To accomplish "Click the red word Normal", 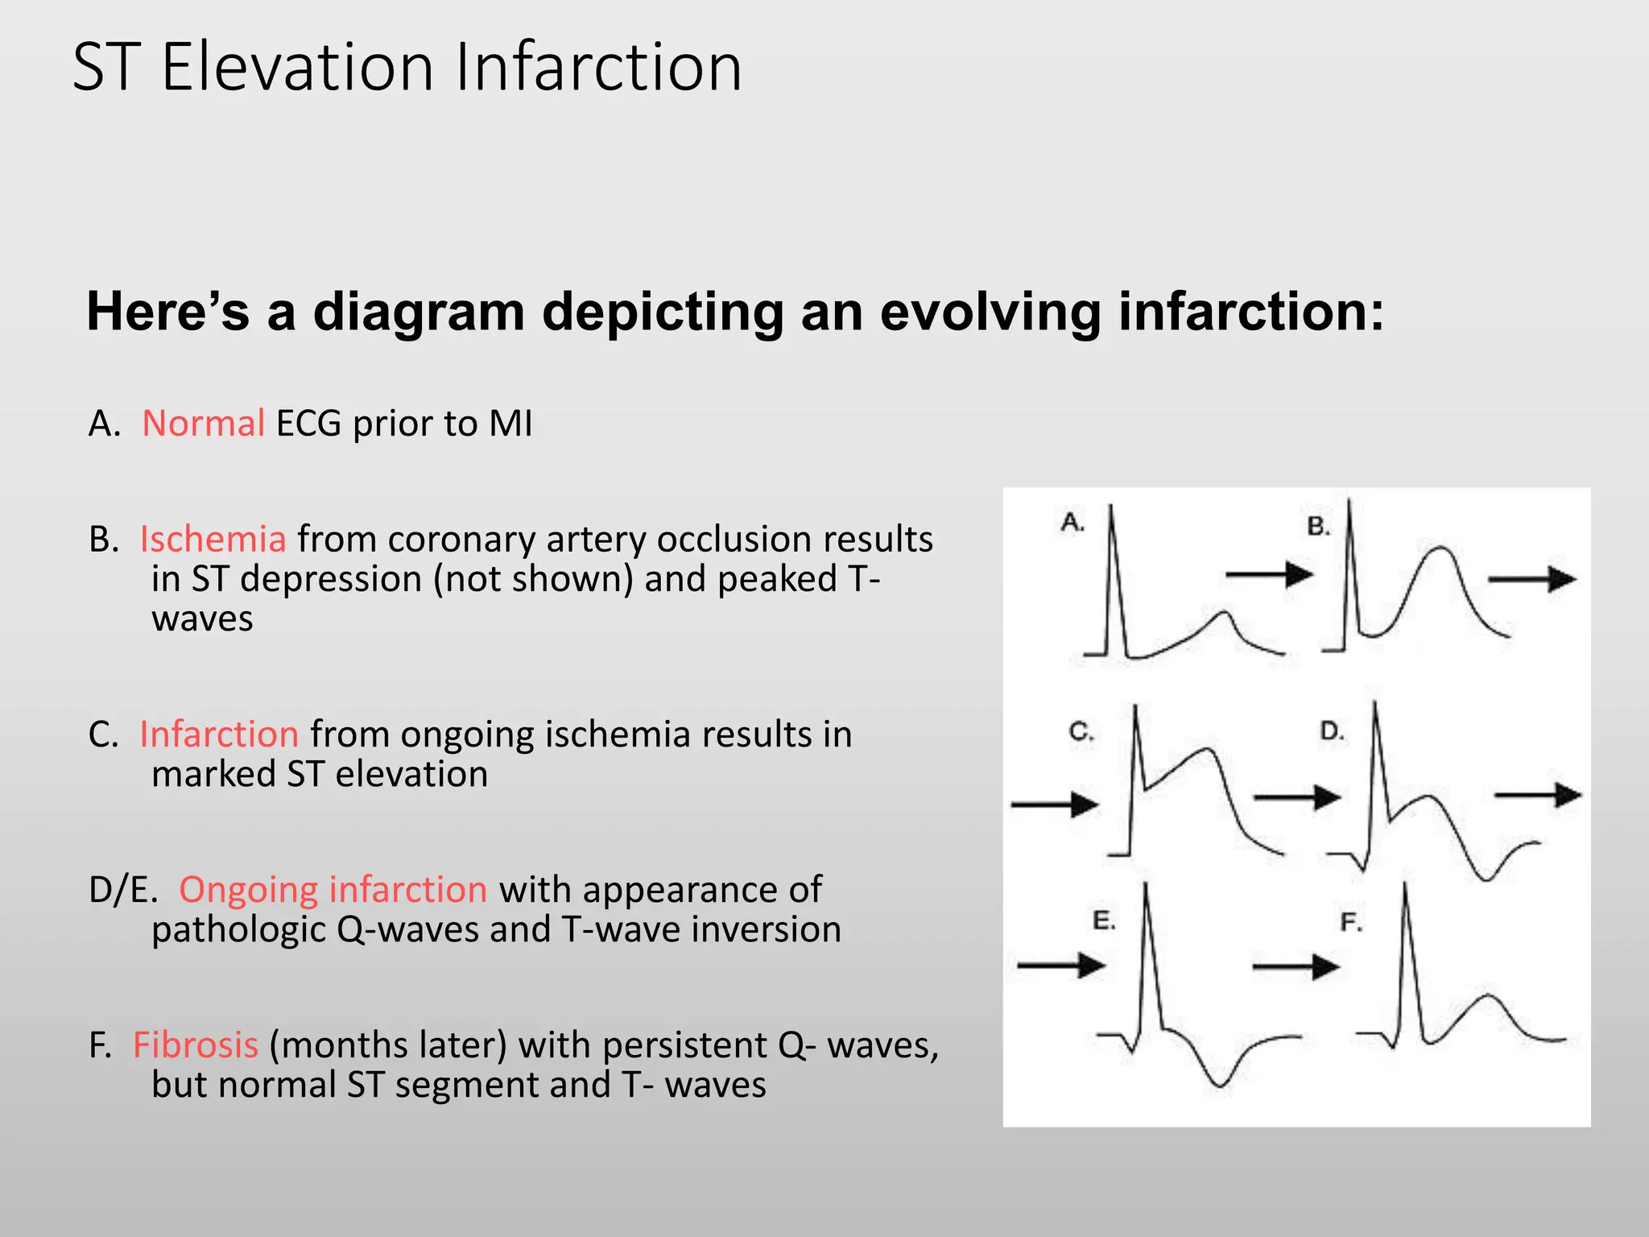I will click(203, 424).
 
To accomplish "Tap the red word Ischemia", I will click(213, 540).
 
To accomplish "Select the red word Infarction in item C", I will click(219, 734).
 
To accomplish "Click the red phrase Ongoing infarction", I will click(333, 890).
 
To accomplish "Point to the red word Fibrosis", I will click(196, 1045).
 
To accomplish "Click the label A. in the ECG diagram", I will click(1072, 523).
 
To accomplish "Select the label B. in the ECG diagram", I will click(1318, 527).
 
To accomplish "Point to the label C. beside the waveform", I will click(1081, 731).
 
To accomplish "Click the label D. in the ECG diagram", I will click(1332, 731).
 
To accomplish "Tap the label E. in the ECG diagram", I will click(1103, 921).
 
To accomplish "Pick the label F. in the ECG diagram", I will click(1350, 922).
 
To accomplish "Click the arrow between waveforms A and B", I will click(1269, 574).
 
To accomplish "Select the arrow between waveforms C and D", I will click(1296, 798).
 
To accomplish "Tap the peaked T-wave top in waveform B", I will click(1440, 548).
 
